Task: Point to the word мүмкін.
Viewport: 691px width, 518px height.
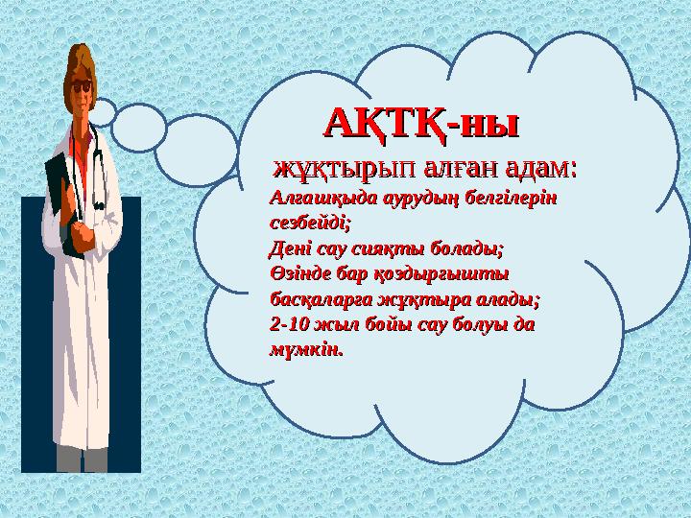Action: pos(304,350)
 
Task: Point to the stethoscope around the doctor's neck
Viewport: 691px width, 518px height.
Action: pos(96,163)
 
